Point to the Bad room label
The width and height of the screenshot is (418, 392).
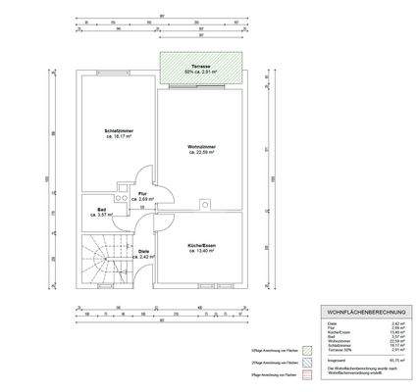[102, 208]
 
